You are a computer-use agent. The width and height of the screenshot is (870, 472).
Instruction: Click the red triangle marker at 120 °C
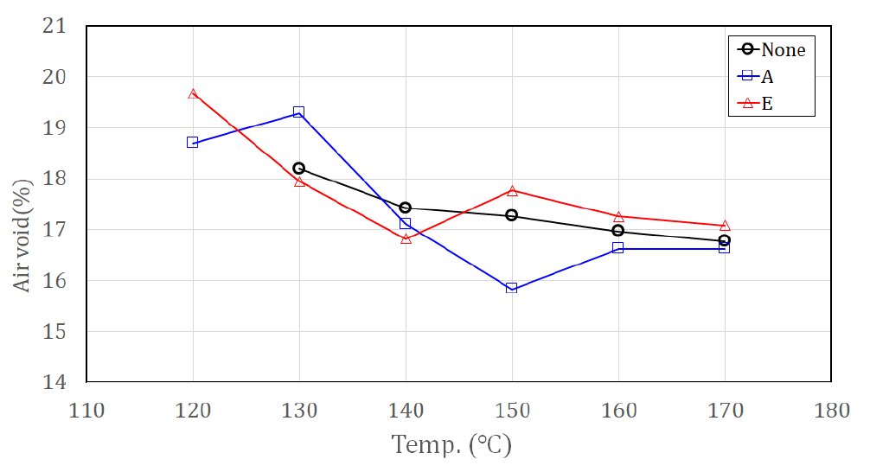[x=193, y=93]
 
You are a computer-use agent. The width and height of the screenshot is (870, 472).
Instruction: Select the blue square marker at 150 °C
[x=512, y=288]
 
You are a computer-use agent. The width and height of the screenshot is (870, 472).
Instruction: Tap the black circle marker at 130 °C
[x=299, y=168]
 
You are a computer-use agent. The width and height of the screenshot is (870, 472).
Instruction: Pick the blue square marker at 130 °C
[x=299, y=112]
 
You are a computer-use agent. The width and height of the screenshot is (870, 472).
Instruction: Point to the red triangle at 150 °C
[x=512, y=190]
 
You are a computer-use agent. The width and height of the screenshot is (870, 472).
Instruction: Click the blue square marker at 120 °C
[x=193, y=142]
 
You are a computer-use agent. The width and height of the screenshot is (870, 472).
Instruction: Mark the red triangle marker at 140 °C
[x=406, y=238]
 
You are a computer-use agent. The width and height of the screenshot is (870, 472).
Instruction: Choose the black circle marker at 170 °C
[x=725, y=240]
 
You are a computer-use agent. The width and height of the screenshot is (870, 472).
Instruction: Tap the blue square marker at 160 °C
[x=618, y=248]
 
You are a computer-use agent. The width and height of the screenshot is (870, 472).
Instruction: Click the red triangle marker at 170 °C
[x=725, y=226]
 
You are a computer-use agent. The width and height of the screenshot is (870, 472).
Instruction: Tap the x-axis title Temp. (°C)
[x=451, y=446]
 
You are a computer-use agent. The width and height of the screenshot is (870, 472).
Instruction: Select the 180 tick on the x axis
[x=831, y=410]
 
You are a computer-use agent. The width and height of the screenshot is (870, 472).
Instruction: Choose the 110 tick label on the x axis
[x=87, y=410]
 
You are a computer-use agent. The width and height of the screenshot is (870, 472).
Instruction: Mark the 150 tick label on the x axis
[x=512, y=410]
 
